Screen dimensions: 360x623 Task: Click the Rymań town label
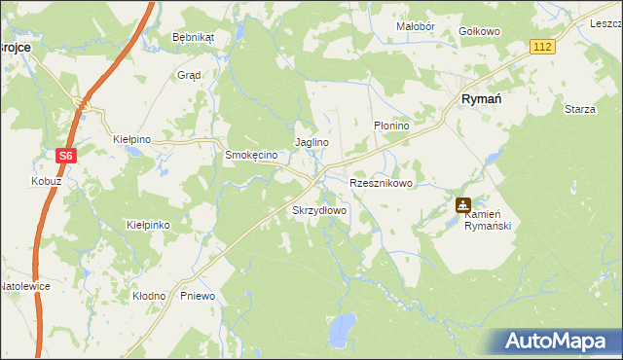pyautogui.click(x=480, y=98)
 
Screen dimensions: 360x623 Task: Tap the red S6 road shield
pyautogui.click(x=65, y=154)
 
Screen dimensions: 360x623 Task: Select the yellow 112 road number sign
pyautogui.click(x=542, y=47)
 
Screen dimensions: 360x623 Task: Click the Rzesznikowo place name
pyautogui.click(x=382, y=183)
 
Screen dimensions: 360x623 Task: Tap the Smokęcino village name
pyautogui.click(x=252, y=155)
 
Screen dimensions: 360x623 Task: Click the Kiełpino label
pyautogui.click(x=132, y=139)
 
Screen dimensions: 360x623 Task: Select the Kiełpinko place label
pyautogui.click(x=149, y=225)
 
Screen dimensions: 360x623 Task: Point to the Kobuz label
pyautogui.click(x=46, y=182)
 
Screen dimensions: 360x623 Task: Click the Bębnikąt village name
pyautogui.click(x=192, y=37)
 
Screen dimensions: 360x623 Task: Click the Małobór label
pyautogui.click(x=415, y=26)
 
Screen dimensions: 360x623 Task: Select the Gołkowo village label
pyautogui.click(x=479, y=31)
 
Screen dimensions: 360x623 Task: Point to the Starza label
pyautogui.click(x=579, y=109)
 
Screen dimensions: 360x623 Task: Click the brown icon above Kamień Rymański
pyautogui.click(x=463, y=206)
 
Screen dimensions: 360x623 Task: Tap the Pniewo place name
pyautogui.click(x=198, y=295)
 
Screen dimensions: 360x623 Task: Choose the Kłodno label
pyautogui.click(x=150, y=295)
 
